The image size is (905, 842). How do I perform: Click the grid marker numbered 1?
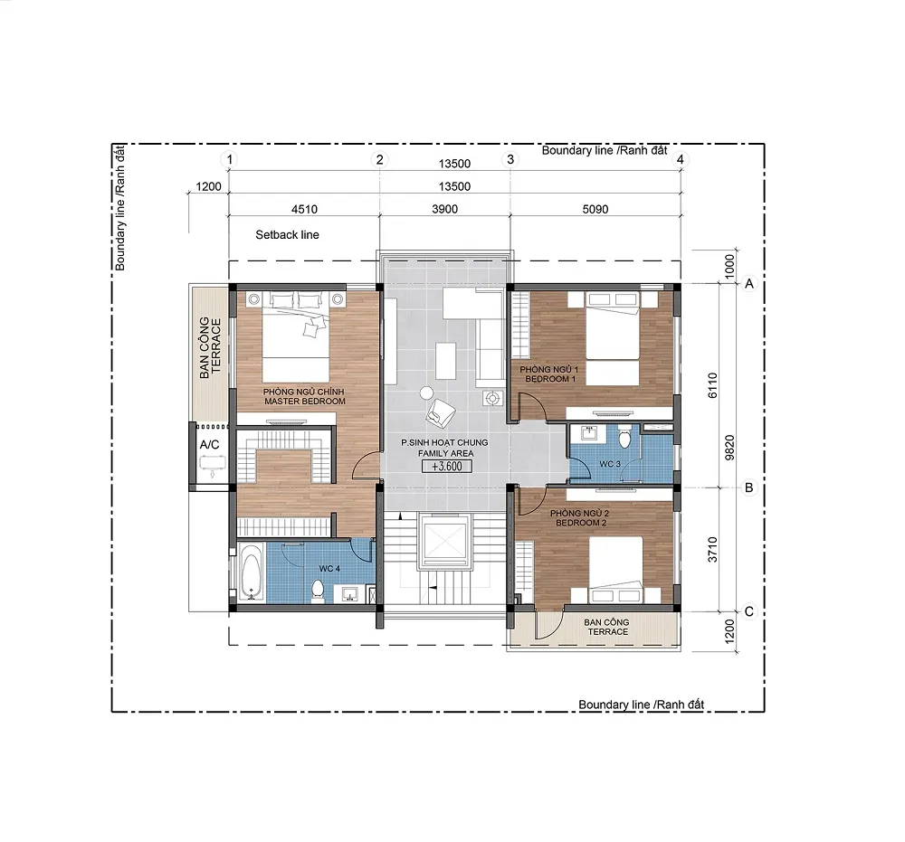(230, 159)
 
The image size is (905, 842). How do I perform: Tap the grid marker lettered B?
(748, 487)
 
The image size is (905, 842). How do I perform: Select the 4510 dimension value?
(304, 209)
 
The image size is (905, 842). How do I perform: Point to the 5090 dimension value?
(595, 209)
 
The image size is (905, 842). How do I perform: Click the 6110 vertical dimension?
(713, 385)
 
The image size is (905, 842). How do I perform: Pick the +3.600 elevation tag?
(447, 467)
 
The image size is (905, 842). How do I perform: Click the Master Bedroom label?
(304, 396)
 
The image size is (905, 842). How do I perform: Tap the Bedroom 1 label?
(549, 374)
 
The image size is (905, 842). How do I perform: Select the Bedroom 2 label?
(580, 517)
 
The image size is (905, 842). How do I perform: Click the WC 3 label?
(610, 464)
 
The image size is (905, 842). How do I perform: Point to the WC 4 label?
(329, 569)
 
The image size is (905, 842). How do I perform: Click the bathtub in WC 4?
(251, 572)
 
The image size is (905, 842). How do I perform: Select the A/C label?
(210, 445)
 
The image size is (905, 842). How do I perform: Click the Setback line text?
(288, 235)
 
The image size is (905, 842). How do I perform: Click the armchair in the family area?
(441, 413)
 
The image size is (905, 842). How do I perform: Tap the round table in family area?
(426, 393)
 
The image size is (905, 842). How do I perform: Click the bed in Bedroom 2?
(615, 569)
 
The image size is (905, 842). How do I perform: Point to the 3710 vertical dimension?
(713, 550)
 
